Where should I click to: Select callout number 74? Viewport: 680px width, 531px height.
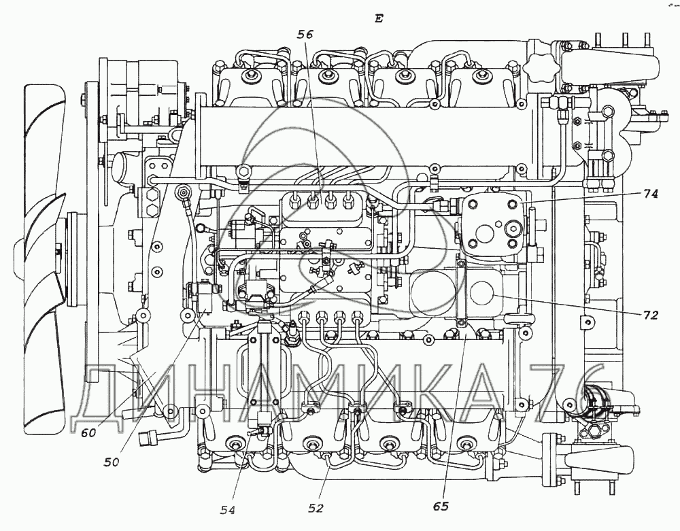coord(650,193)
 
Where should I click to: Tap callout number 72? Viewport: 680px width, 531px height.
coord(651,315)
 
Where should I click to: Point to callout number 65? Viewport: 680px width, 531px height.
coord(442,506)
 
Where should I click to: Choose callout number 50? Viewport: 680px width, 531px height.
coord(112,462)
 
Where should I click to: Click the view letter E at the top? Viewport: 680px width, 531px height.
coord(379,18)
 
